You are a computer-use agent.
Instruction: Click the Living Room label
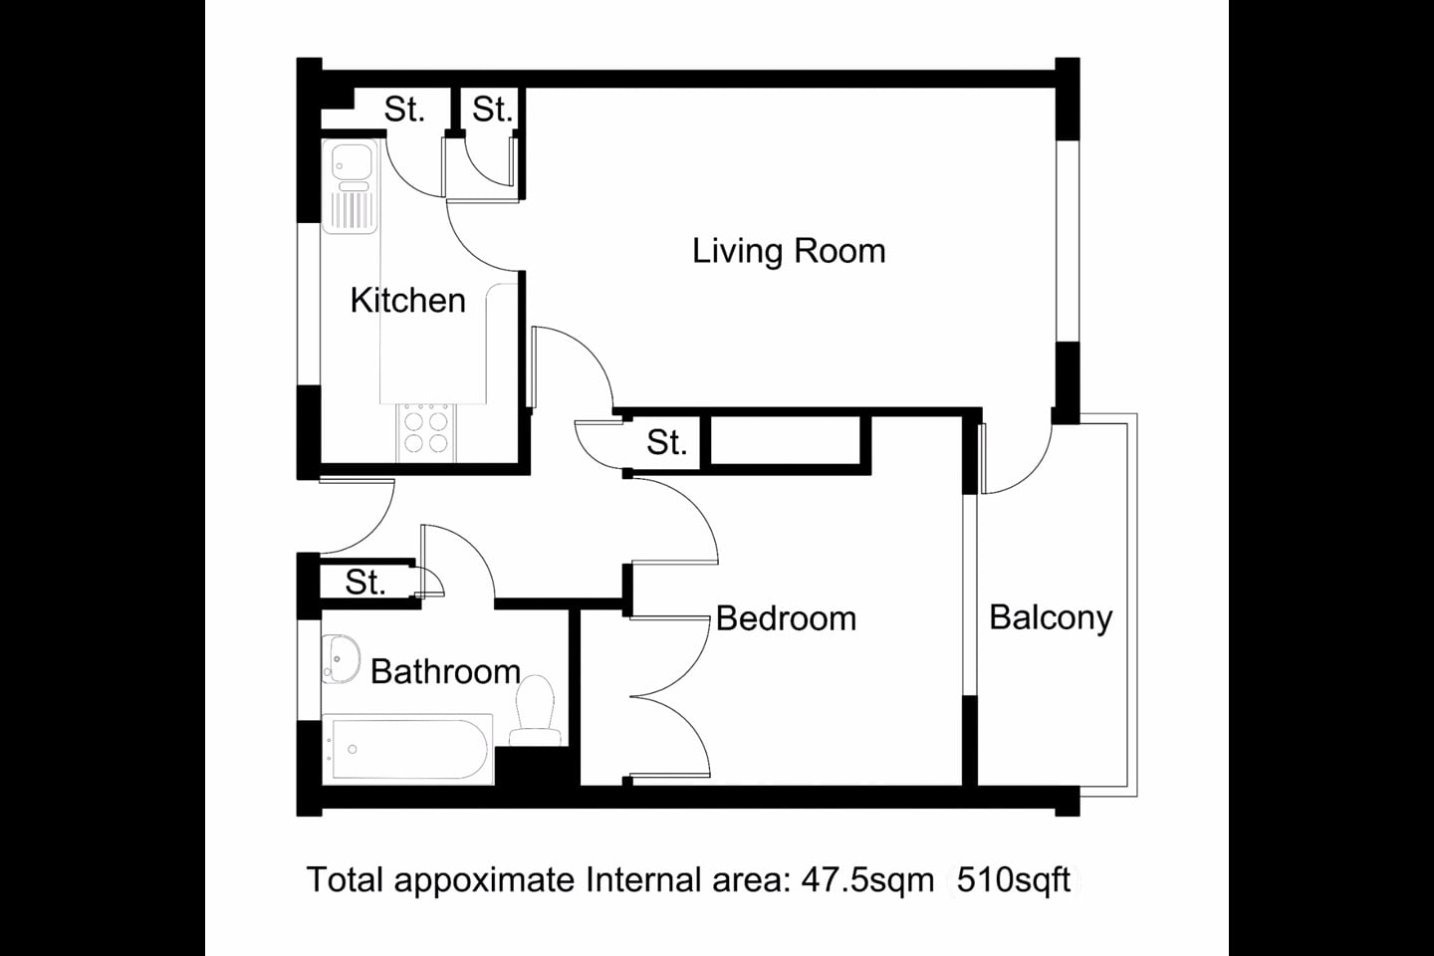coord(789,251)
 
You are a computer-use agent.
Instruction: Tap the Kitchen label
coord(407,300)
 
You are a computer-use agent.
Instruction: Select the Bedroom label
coord(786,618)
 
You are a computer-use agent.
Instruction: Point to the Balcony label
coord(1051,617)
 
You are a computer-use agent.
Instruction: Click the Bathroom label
coord(445,671)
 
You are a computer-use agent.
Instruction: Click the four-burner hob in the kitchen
coord(426,431)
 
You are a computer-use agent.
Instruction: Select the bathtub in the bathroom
coord(407,748)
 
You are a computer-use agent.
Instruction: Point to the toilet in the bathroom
coord(536,709)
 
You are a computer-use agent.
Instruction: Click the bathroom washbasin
coord(343,658)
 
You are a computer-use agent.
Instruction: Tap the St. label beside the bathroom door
coord(364,583)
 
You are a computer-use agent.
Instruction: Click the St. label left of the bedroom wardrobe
coord(666,442)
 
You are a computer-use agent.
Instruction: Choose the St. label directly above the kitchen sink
coord(404,110)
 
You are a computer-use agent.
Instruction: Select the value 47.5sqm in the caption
coord(867,880)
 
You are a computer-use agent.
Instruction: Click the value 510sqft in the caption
coord(1013,880)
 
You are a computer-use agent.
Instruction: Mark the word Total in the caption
coord(345,880)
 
